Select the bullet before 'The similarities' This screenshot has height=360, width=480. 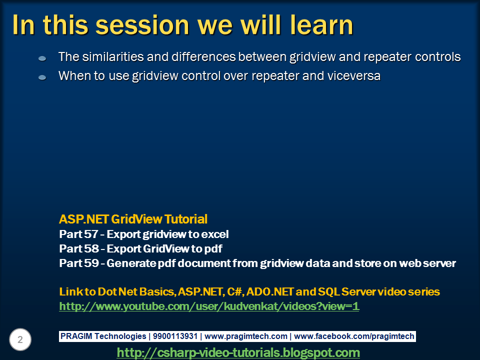point(42,58)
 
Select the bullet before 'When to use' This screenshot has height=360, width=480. point(42,77)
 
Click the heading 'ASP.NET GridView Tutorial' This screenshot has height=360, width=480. point(133,219)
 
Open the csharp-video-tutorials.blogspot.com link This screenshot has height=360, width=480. point(238,352)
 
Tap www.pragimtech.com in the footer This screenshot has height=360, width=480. point(246,336)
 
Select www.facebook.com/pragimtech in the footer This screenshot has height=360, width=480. point(354,336)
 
